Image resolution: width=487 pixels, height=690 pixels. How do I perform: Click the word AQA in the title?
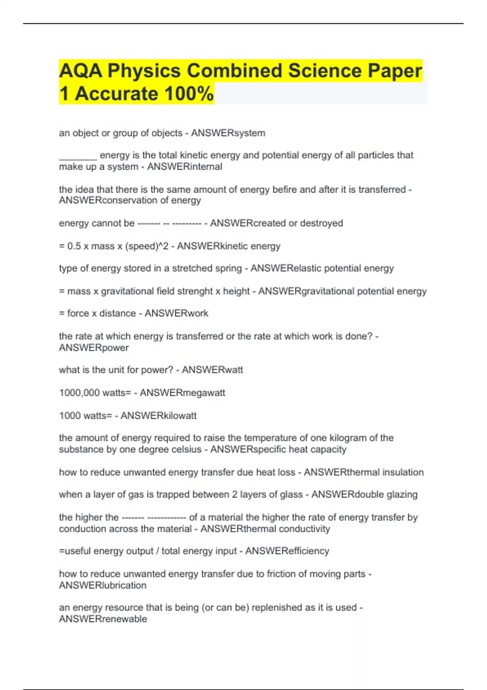point(80,71)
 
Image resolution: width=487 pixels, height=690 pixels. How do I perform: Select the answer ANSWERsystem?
point(228,133)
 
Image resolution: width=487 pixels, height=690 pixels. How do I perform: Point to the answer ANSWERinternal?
point(185,167)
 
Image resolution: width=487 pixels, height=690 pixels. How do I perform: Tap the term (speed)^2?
point(147,246)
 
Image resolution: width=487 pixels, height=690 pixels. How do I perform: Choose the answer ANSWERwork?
point(177,313)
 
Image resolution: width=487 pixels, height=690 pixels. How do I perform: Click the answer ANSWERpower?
point(94,348)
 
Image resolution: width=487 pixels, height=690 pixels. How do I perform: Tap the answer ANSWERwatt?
point(212,370)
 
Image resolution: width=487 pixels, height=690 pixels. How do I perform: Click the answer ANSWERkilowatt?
point(158,416)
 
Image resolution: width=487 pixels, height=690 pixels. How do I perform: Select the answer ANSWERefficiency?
point(287,551)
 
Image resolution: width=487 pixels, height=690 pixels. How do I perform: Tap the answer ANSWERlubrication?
point(103,586)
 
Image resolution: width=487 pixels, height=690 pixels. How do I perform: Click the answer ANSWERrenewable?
point(103,619)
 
